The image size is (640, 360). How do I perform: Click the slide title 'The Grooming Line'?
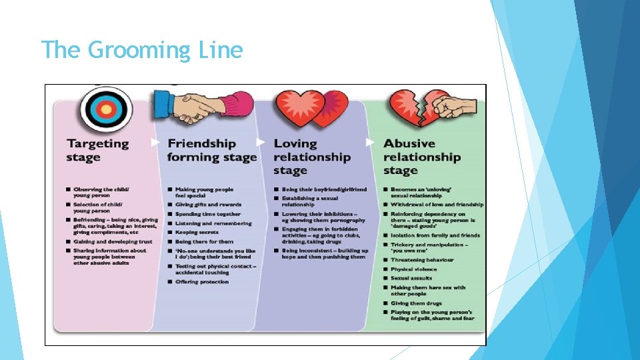click(x=141, y=50)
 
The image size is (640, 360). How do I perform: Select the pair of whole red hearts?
click(x=312, y=109)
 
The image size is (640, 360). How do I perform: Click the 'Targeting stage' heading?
click(x=97, y=150)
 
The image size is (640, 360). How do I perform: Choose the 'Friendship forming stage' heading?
click(x=212, y=150)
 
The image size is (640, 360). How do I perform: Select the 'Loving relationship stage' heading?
click(x=311, y=157)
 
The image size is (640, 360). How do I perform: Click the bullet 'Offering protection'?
click(x=201, y=282)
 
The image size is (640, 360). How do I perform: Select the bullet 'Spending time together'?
click(x=207, y=214)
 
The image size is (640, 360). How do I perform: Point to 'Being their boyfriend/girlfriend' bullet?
click(x=324, y=189)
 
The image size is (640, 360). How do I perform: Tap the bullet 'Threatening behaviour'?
click(x=422, y=260)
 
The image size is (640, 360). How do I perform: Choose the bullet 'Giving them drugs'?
click(x=417, y=303)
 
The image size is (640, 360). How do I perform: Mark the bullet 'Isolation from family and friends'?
click(x=435, y=235)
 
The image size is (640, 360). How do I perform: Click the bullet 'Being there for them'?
click(x=204, y=241)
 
